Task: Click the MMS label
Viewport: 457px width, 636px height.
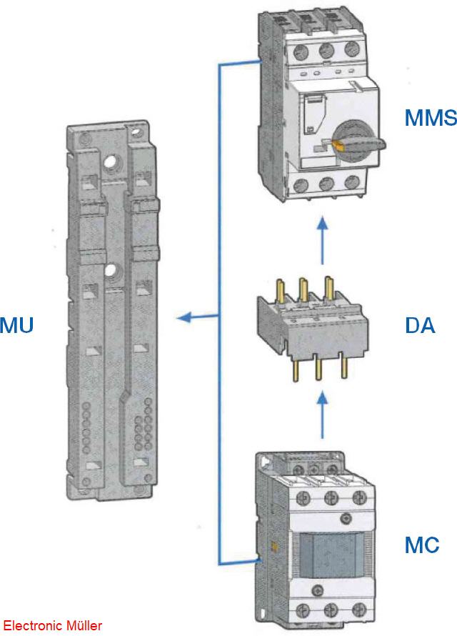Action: pyautogui.click(x=429, y=117)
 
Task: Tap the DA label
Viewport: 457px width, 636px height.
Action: pyautogui.click(x=419, y=326)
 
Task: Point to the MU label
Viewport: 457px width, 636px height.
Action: pyautogui.click(x=16, y=326)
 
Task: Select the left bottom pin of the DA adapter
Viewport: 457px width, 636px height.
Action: pyautogui.click(x=293, y=369)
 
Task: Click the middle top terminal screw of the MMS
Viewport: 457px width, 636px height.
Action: pyautogui.click(x=326, y=52)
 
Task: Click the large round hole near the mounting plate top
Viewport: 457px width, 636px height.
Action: pyautogui.click(x=110, y=163)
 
